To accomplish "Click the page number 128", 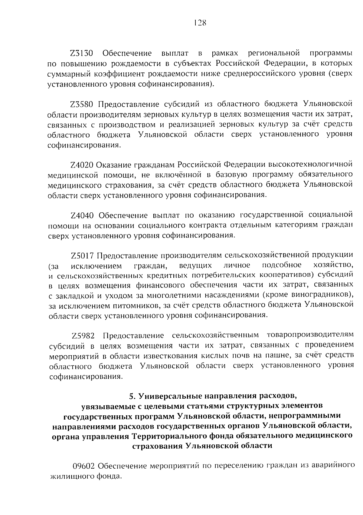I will pyautogui.click(x=200, y=23).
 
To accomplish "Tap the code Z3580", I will pyautogui.click(x=83, y=104).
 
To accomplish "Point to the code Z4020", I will pyautogui.click(x=83, y=164).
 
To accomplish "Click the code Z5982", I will pyautogui.click(x=83, y=336).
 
